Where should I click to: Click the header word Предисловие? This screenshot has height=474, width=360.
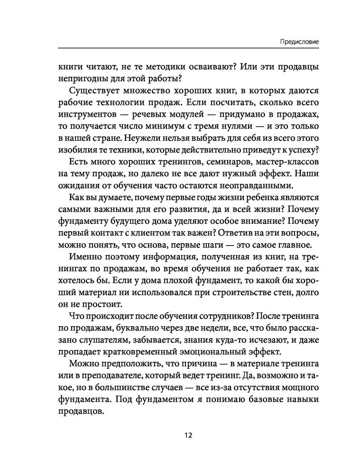[x=298, y=41]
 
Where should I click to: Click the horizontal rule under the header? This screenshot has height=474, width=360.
[x=187, y=48]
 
